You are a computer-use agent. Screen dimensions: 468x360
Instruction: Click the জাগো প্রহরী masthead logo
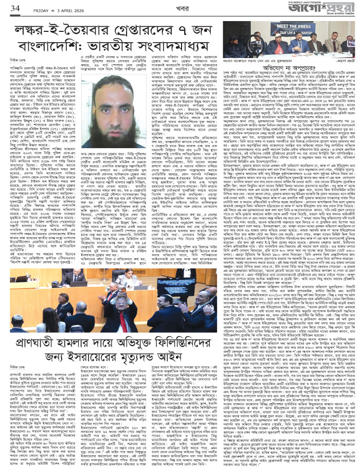pyautogui.click(x=329, y=9)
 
